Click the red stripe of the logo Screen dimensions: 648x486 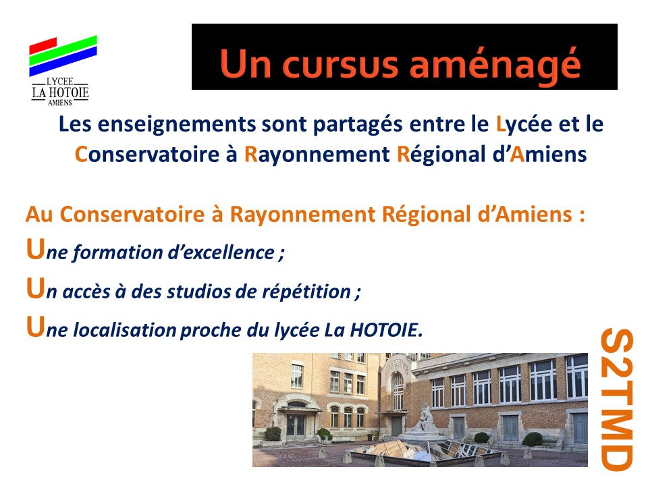[43, 45]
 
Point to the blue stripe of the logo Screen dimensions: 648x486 [63, 61]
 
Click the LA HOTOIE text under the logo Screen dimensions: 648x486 [60, 92]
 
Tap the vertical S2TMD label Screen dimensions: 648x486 [616, 399]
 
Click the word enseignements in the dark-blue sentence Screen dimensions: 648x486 [177, 124]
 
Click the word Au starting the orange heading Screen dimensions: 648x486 [39, 215]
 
